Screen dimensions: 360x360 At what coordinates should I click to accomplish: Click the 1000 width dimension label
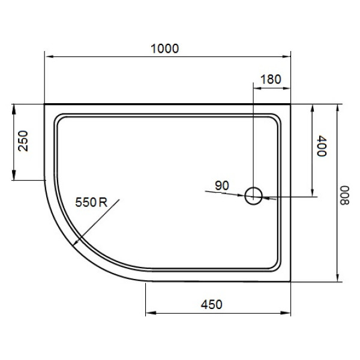164,49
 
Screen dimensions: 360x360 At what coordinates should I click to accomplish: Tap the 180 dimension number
271,79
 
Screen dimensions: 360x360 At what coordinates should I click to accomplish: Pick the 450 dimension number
211,304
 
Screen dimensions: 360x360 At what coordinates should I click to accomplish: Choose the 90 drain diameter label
221,185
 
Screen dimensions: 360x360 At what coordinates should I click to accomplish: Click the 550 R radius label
91,203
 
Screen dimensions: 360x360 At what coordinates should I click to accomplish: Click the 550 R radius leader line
96,221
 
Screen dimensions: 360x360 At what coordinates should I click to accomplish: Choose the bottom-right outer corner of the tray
291,280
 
